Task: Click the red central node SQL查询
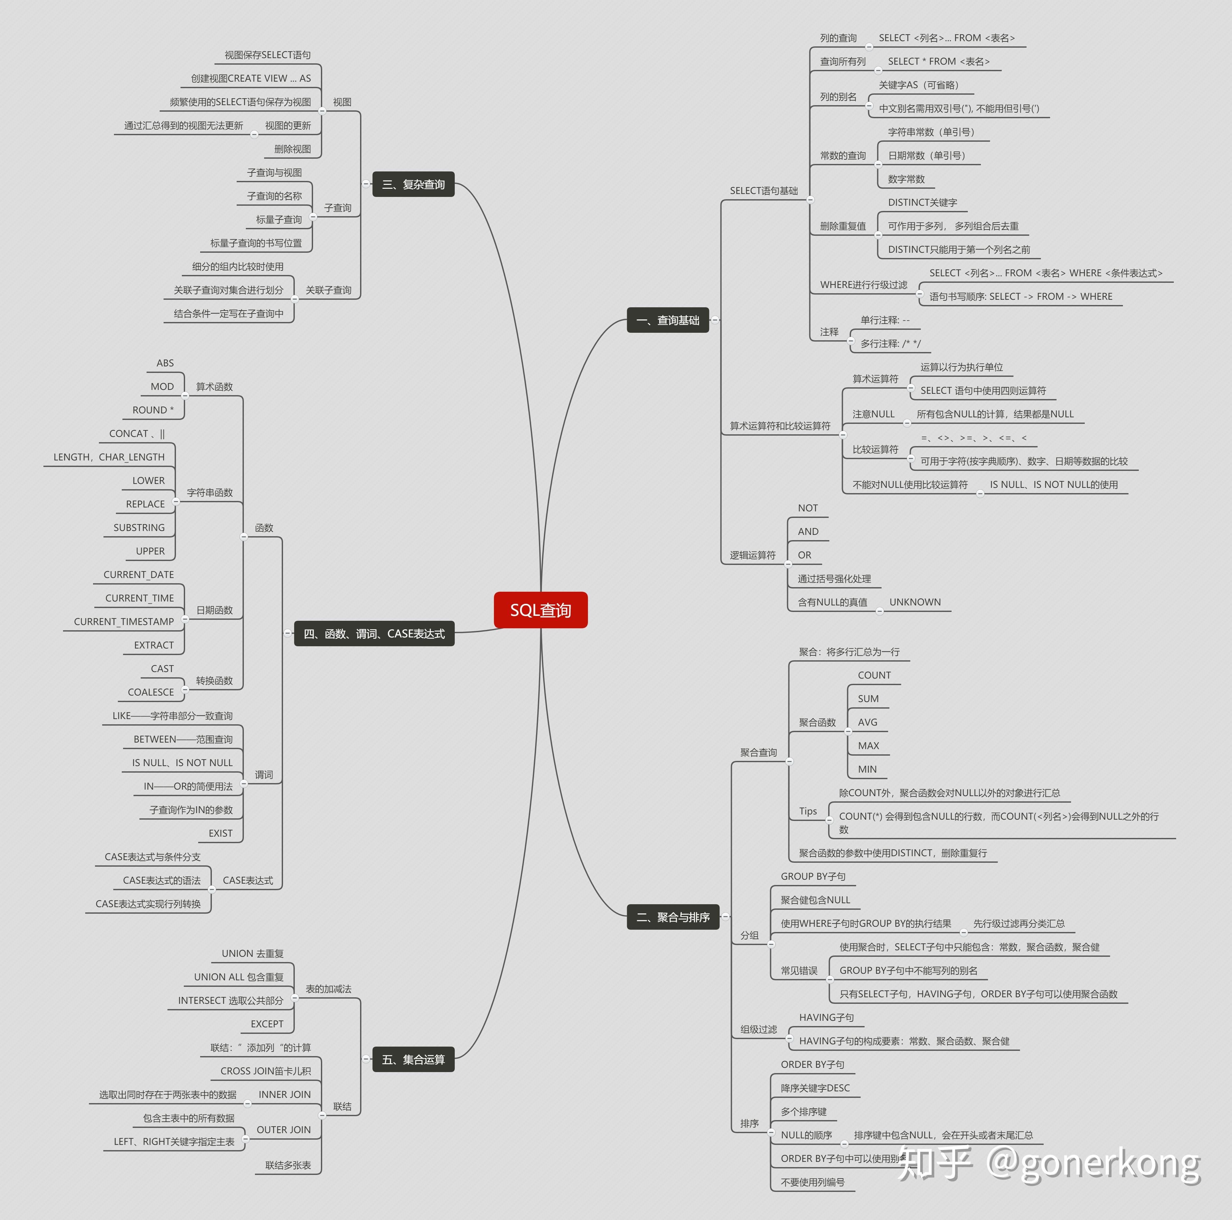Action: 540,610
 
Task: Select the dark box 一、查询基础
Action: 668,320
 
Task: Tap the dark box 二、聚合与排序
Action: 673,917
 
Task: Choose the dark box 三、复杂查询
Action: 413,184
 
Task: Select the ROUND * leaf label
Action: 153,410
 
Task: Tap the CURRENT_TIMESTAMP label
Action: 124,622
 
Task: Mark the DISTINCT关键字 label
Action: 922,203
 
